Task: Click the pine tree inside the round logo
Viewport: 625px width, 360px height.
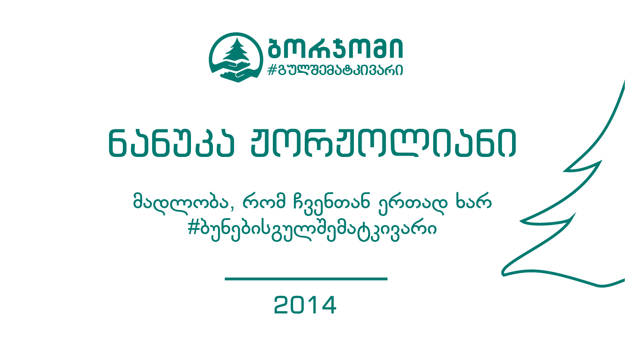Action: pyautogui.click(x=236, y=50)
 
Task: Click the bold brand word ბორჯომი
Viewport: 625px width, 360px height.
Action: pyautogui.click(x=335, y=48)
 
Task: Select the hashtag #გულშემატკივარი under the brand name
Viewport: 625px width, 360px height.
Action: pyautogui.click(x=335, y=70)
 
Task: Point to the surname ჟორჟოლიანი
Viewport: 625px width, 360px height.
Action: pyautogui.click(x=383, y=143)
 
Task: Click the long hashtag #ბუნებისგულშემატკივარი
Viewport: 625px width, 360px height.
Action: pyautogui.click(x=312, y=229)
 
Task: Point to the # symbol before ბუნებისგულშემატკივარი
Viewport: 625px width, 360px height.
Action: pyautogui.click(x=193, y=228)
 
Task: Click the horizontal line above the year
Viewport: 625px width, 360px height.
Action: pyautogui.click(x=306, y=279)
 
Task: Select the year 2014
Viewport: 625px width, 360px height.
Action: pyautogui.click(x=305, y=305)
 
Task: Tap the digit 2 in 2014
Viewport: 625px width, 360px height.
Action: pyautogui.click(x=282, y=305)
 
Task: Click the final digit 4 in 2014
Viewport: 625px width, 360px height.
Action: pyautogui.click(x=329, y=305)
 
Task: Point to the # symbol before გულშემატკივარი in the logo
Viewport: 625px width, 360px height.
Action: pyautogui.click(x=272, y=70)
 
